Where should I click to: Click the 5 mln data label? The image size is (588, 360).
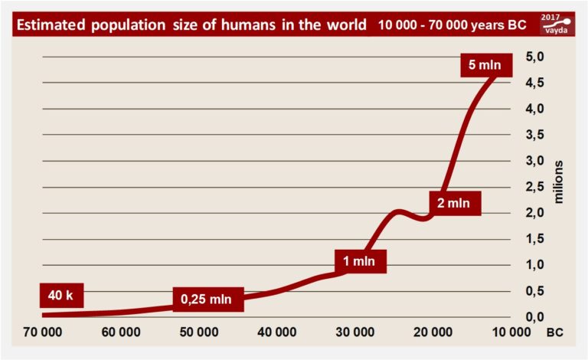(485, 65)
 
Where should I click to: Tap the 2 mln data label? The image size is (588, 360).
(454, 203)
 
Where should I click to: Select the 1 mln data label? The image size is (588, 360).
(358, 261)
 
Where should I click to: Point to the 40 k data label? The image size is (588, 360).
(60, 295)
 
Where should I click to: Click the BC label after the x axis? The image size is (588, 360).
(554, 333)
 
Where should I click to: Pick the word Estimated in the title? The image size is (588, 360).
(52, 24)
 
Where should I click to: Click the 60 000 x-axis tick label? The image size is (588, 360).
(119, 333)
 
